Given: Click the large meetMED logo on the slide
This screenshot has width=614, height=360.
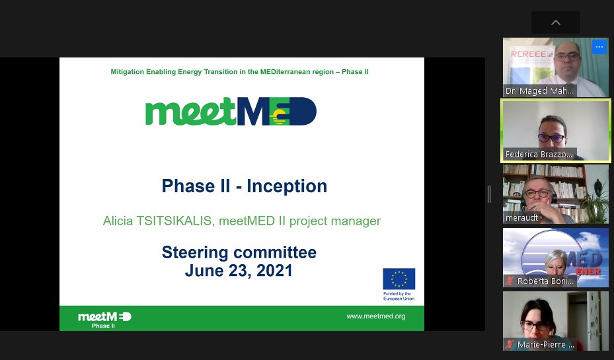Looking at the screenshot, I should [231, 112].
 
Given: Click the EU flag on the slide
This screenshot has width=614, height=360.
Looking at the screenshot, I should [399, 279].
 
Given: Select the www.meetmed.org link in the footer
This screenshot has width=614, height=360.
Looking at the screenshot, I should [375, 316].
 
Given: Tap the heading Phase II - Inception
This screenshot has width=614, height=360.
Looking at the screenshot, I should [244, 186].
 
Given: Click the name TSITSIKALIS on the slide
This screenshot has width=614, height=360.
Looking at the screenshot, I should [173, 221].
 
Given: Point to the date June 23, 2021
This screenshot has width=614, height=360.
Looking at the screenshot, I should [239, 270].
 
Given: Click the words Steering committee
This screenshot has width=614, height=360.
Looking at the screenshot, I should [239, 252].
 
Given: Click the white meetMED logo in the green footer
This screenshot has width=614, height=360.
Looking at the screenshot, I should [104, 317].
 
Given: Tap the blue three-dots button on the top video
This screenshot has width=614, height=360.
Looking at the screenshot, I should [599, 46].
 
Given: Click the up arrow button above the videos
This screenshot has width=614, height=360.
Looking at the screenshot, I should [555, 22].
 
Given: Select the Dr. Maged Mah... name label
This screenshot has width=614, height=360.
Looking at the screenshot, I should [539, 91].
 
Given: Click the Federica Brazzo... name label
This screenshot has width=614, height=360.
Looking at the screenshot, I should [539, 155].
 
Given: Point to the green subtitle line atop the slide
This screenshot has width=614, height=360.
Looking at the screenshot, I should [239, 71].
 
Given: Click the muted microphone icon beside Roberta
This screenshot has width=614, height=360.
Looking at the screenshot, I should [510, 281].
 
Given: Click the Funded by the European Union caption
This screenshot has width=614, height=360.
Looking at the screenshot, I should [397, 296].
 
